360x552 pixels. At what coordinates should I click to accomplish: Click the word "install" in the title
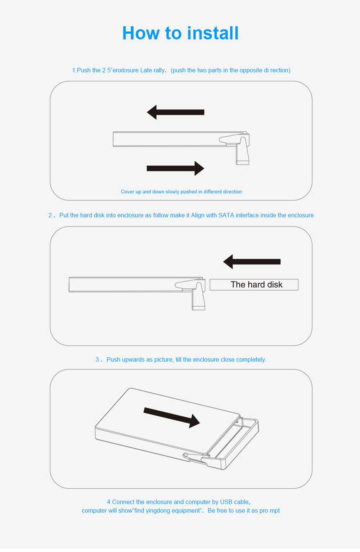coord(213,33)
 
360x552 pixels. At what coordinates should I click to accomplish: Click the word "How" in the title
coord(141,33)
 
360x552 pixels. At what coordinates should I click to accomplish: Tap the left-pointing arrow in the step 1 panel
coord(176,112)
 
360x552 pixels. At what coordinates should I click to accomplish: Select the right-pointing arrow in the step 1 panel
coord(175,168)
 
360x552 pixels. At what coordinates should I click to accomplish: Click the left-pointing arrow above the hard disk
coord(252,262)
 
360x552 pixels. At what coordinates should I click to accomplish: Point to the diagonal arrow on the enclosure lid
coord(172,417)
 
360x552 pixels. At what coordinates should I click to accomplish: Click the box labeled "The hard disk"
coord(254,285)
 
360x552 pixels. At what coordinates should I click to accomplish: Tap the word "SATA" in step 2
coord(226,215)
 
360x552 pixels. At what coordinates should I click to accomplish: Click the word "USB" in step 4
coord(226,502)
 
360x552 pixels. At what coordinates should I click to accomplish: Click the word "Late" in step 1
coord(146,70)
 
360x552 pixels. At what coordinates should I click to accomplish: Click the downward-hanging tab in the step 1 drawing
coord(243,151)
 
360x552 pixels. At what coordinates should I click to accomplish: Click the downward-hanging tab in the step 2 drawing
coord(198,296)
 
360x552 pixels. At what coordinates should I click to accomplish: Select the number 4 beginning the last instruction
coord(108,502)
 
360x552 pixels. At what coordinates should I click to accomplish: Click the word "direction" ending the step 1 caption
coord(231,192)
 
